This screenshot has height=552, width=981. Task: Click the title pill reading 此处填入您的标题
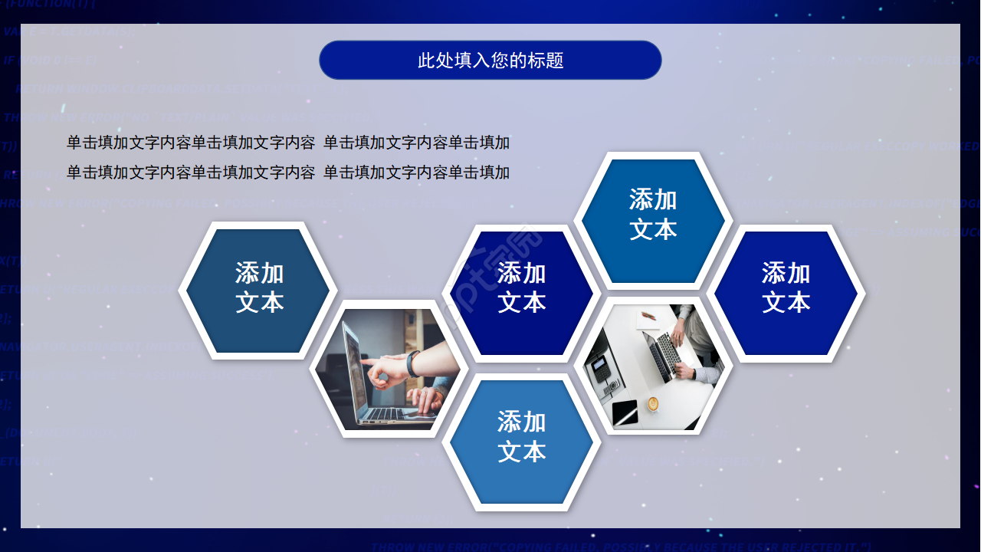(x=490, y=60)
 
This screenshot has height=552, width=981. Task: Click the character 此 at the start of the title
(x=426, y=61)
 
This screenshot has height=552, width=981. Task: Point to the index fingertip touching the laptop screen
(x=363, y=360)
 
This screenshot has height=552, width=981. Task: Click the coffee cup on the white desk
(x=652, y=403)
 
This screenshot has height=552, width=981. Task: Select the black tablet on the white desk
(x=625, y=412)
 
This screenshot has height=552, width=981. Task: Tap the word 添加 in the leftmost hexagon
(x=259, y=273)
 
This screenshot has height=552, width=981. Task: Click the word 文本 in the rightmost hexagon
(x=786, y=302)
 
